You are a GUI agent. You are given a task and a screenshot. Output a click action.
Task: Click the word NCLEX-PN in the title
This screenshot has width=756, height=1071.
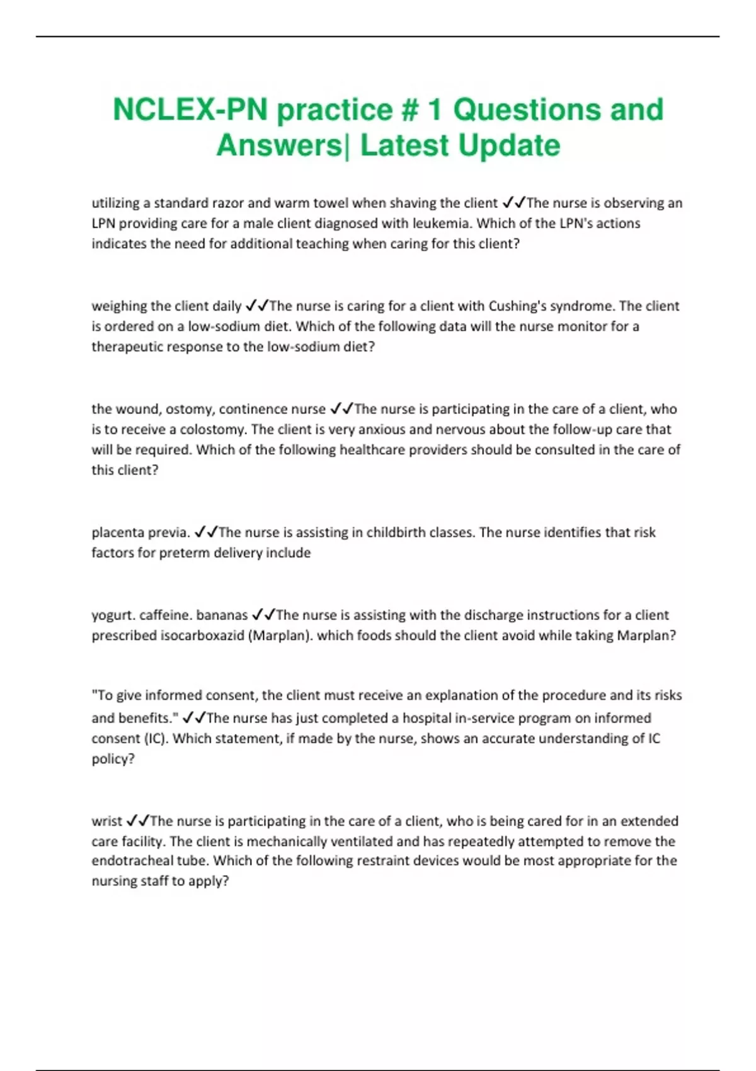point(191,110)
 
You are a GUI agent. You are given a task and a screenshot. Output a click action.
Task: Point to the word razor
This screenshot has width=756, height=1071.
point(227,203)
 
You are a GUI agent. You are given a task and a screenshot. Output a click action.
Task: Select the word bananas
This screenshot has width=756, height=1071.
point(222,615)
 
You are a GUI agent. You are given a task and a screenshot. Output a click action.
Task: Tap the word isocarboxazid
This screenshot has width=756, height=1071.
point(202,636)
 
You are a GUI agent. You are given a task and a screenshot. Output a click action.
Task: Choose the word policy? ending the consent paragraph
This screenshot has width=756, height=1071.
point(113,759)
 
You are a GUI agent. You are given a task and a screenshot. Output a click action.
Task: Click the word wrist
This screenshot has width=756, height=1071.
point(106,822)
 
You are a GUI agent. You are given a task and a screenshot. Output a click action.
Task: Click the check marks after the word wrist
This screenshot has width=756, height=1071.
point(137,821)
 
